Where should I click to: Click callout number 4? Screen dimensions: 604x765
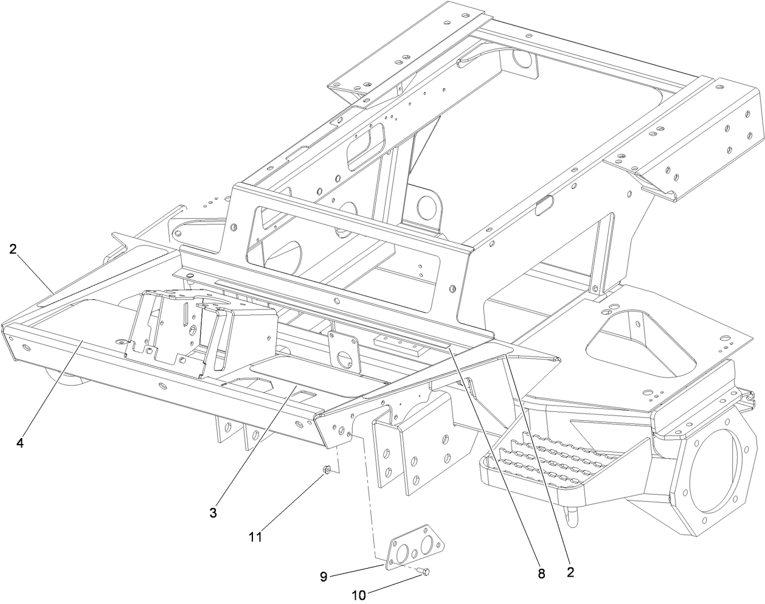(x=20, y=443)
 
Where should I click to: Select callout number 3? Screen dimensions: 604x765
(x=213, y=513)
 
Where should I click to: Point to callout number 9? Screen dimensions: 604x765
(x=324, y=575)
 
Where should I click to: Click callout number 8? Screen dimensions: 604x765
(x=541, y=572)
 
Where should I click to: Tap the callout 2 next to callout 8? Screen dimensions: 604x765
(x=570, y=572)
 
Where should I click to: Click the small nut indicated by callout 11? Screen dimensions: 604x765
(x=327, y=470)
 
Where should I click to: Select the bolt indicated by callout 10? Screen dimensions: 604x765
(x=424, y=571)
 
